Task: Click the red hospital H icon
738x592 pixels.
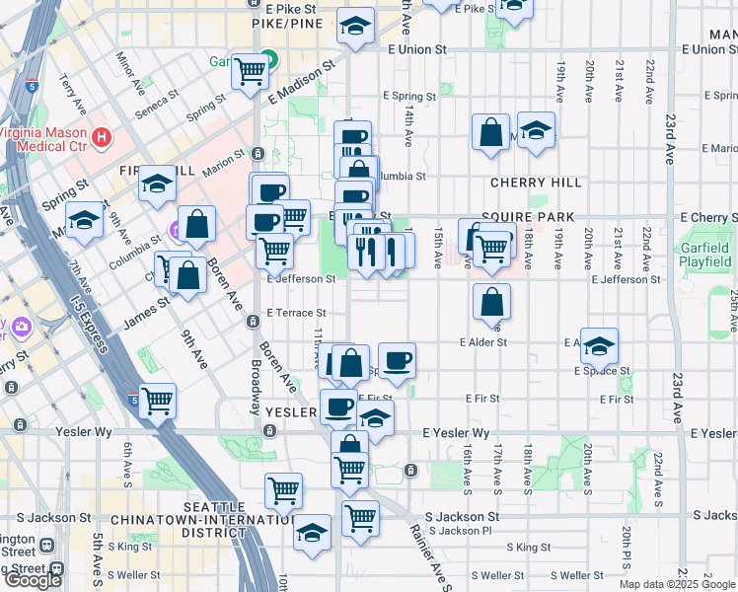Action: click(100, 135)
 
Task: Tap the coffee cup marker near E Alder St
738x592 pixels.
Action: click(397, 361)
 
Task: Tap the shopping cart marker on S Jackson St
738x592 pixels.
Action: click(360, 516)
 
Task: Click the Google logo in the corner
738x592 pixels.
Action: click(33, 580)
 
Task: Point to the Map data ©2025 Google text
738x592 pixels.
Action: click(677, 584)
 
